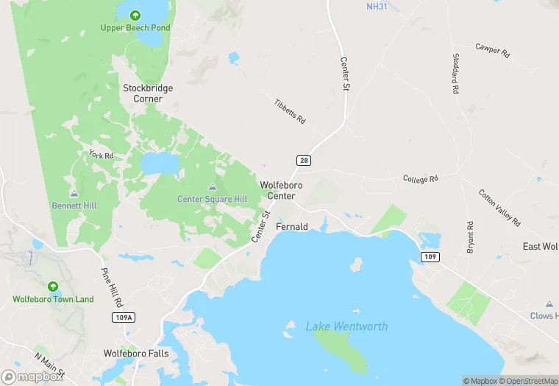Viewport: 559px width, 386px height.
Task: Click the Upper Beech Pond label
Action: click(135, 28)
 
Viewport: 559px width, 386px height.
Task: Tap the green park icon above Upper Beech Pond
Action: click(135, 15)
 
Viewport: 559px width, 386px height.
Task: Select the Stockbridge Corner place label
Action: click(148, 93)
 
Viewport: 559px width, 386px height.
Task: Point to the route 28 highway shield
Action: click(303, 160)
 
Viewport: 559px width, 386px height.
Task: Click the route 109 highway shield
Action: click(430, 256)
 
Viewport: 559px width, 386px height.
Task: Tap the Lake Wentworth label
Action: click(346, 326)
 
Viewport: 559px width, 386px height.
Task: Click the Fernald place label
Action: click(291, 227)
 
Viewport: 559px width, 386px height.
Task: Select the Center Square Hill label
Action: click(212, 199)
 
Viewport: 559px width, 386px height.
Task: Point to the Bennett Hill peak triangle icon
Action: click(74, 192)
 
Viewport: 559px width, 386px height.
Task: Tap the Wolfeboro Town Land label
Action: click(53, 299)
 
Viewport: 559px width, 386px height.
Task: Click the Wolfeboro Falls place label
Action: click(136, 354)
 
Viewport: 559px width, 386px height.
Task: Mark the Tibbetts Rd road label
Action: click(289, 110)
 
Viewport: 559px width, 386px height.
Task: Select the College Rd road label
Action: click(421, 178)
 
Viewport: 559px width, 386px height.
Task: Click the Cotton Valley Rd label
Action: click(499, 208)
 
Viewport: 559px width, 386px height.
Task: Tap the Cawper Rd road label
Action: click(492, 50)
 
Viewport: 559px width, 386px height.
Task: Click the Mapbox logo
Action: click(32, 376)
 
